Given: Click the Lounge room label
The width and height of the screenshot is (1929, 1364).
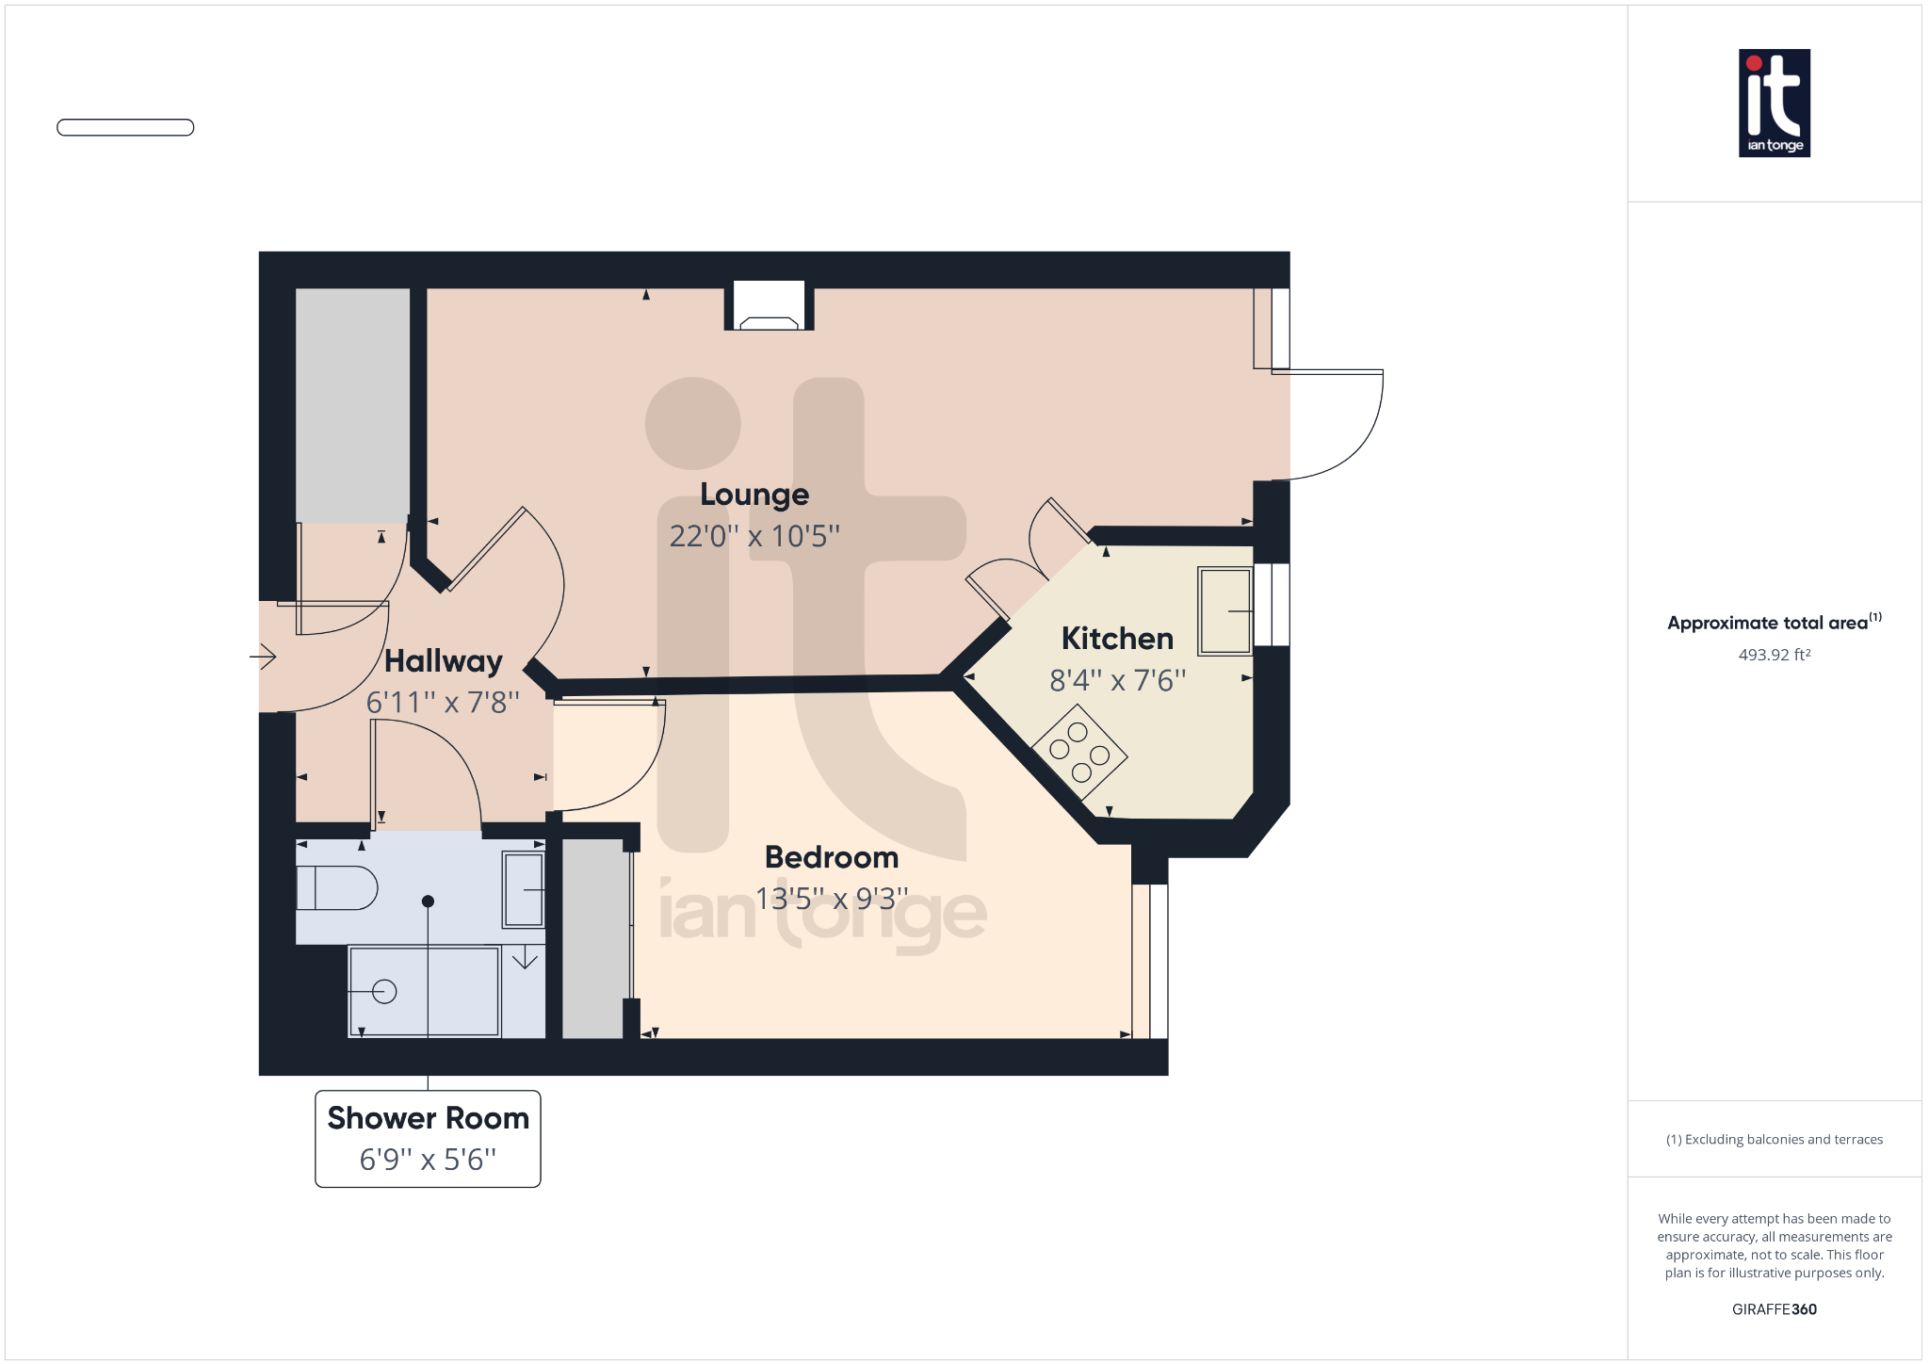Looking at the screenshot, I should tap(754, 495).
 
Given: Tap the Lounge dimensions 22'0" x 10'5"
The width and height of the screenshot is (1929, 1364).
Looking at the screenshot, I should tap(754, 536).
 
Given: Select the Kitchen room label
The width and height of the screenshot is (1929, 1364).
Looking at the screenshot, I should tap(1117, 639).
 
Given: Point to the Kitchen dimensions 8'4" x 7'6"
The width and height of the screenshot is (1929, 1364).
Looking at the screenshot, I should tap(1117, 680).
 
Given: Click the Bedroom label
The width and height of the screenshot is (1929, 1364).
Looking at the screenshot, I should tap(832, 857).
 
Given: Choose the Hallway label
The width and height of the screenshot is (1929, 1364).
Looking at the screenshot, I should tap(443, 661).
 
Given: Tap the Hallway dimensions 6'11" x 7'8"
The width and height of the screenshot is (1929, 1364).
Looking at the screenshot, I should tap(443, 703).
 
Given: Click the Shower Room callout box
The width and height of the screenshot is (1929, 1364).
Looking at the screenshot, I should tap(428, 1138).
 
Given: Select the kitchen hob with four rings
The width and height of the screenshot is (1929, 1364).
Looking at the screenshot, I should tap(1079, 752).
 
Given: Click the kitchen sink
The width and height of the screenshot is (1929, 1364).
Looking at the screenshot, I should tap(1224, 610).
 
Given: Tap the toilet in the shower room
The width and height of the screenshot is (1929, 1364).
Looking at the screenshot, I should tap(336, 887).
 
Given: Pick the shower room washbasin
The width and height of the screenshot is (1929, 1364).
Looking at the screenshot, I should tap(523, 889).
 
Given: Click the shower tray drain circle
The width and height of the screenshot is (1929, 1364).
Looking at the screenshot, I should tap(384, 991).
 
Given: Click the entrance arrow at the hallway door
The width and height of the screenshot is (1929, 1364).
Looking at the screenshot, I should tap(263, 656).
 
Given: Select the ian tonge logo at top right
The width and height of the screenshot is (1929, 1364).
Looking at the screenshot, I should tap(1774, 103).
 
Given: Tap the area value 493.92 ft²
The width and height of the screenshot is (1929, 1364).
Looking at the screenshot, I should tap(1774, 655).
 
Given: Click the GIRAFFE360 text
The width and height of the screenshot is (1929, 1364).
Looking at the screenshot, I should tap(1774, 1309).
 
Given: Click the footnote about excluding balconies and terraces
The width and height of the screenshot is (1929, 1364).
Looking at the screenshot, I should tap(1774, 1140).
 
